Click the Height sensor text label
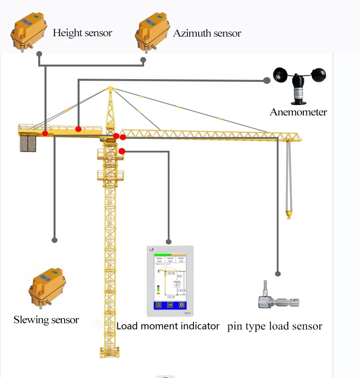coord(82,33)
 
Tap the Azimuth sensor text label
coord(207,33)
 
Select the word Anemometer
coord(298,112)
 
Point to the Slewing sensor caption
coord(46,320)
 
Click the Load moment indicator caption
coord(168,326)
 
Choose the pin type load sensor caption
coord(275,326)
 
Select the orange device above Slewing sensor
coord(47,287)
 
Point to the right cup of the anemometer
coord(318,74)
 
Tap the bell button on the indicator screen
coord(159,305)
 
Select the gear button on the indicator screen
coord(182,305)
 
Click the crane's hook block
coord(289,215)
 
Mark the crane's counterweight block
coord(28,143)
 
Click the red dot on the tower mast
coord(122,151)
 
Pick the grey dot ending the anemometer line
coord(267,80)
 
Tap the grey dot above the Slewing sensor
coord(55,240)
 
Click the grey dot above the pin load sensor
coord(278,274)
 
